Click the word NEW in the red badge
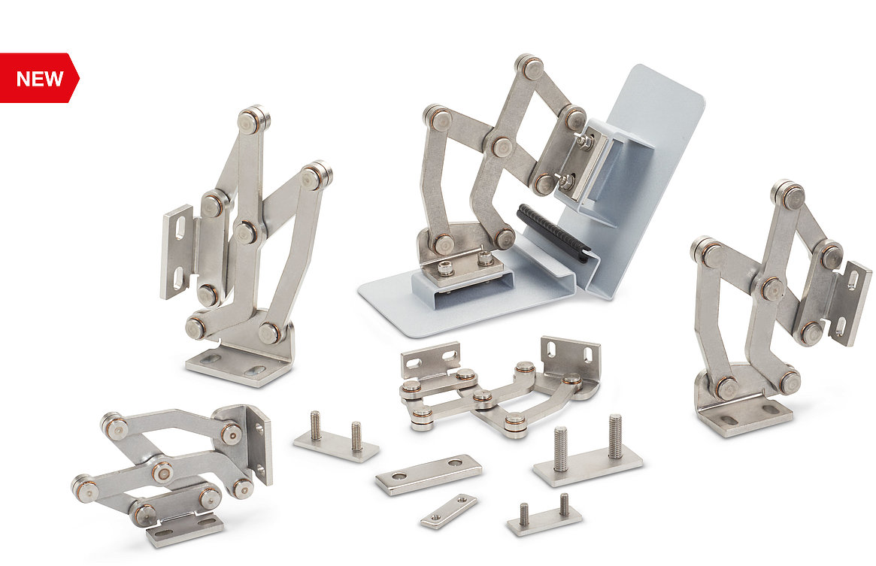[x=40, y=79]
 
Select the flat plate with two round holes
[x=429, y=474]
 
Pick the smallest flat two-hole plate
[x=449, y=510]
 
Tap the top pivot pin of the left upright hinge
[x=253, y=120]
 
